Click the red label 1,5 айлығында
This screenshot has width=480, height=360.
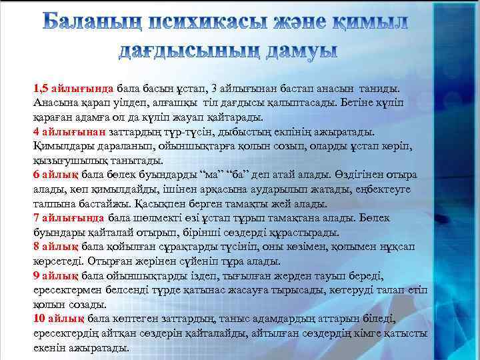(73, 88)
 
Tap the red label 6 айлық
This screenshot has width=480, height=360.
(55, 175)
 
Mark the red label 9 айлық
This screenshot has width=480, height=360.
(55, 276)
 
